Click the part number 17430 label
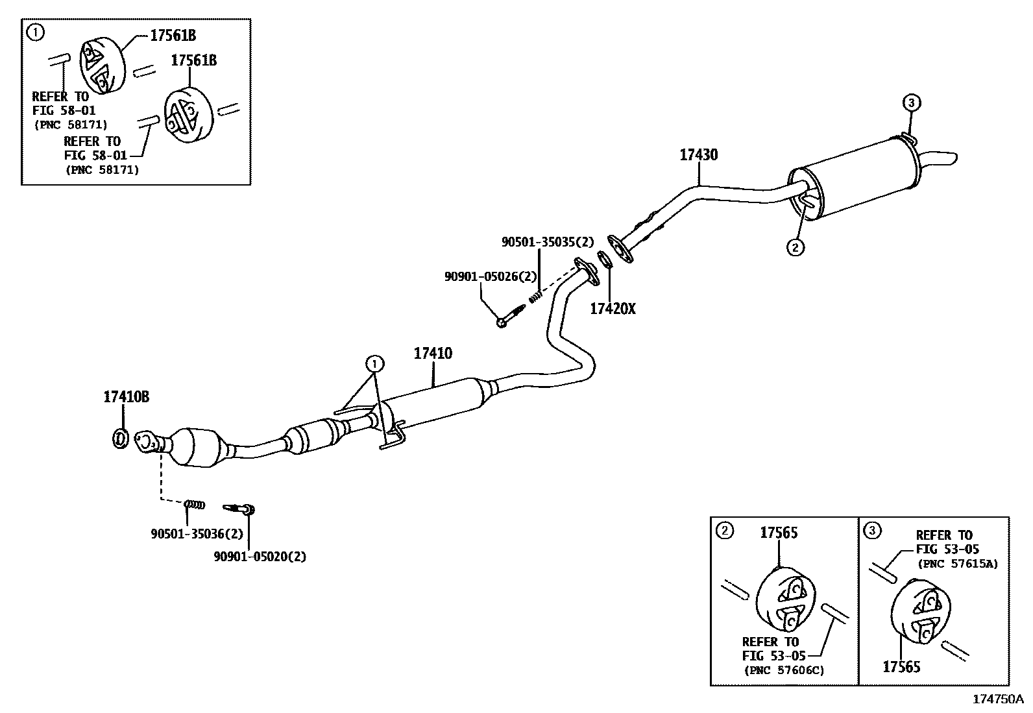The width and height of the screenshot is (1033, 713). (698, 155)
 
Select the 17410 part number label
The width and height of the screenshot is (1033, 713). (433, 354)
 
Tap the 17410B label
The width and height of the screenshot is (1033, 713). (126, 396)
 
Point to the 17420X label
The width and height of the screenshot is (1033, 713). (613, 309)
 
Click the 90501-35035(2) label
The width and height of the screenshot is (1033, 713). (548, 242)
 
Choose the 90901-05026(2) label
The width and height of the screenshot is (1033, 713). (491, 276)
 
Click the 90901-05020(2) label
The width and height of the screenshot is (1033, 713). (260, 556)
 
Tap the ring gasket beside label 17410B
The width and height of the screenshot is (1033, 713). (120, 439)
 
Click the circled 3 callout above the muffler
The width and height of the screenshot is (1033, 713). (911, 103)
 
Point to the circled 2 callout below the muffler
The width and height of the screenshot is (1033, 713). (796, 247)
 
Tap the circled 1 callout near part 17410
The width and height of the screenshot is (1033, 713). (374, 363)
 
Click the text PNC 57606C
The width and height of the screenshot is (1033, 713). (783, 670)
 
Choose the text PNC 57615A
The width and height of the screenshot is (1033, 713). (958, 564)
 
